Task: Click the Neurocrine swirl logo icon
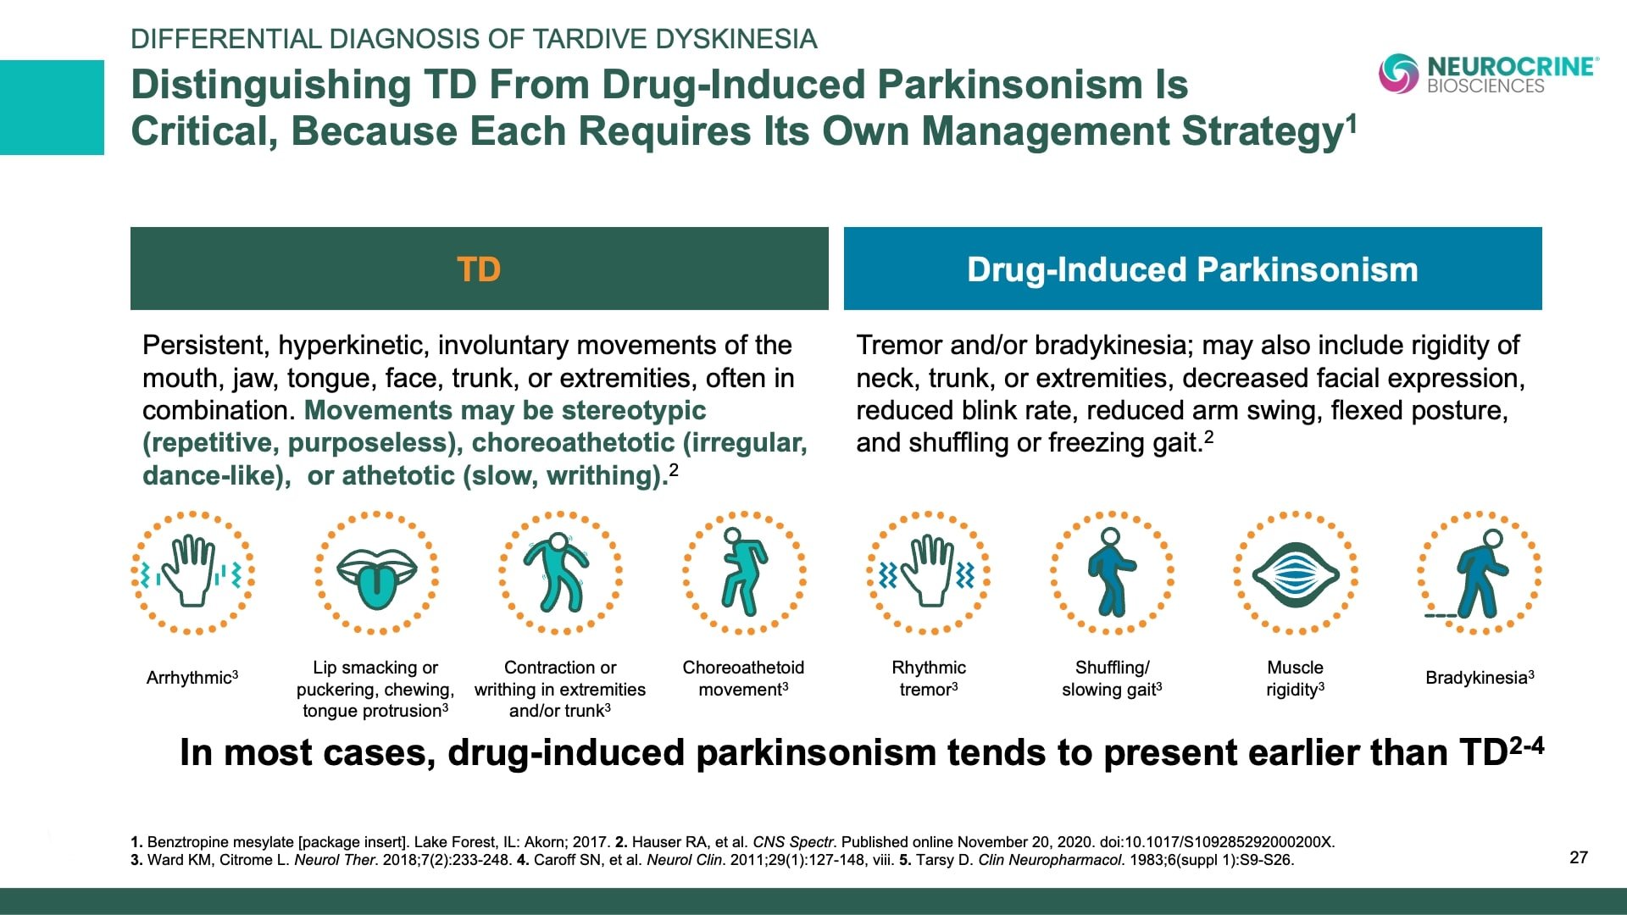[1398, 73]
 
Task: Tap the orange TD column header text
[479, 269]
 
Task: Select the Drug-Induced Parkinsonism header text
[1192, 269]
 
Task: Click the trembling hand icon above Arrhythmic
[193, 573]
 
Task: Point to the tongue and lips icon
[376, 573]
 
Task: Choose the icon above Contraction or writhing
[559, 573]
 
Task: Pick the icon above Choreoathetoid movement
[743, 573]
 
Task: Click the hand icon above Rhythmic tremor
[929, 573]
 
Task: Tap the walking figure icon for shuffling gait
[1112, 573]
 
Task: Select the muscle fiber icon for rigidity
[1295, 573]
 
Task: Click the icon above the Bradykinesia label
[1480, 573]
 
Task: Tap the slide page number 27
[1579, 857]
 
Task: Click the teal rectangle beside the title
[52, 108]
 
